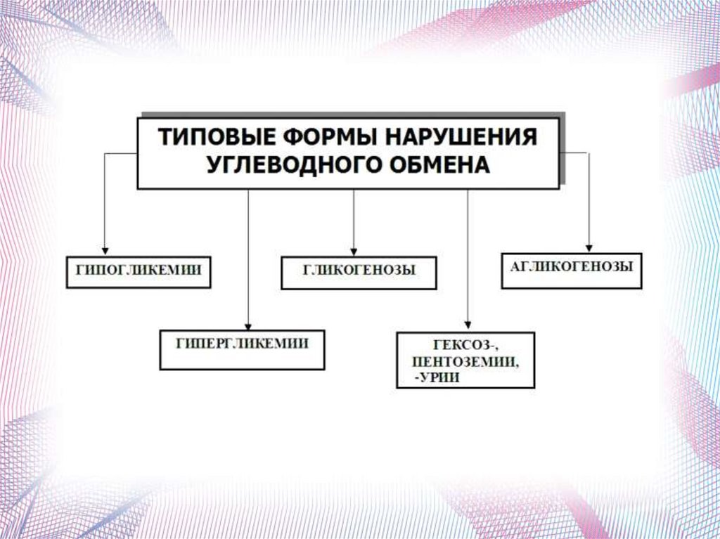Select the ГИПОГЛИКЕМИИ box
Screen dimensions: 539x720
(x=139, y=271)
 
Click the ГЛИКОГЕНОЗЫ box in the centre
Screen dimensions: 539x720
(x=359, y=273)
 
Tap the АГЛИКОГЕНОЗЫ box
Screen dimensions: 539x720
(x=571, y=270)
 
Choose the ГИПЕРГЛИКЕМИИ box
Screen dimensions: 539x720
(x=242, y=349)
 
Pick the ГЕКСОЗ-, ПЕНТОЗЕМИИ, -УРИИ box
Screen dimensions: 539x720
(x=465, y=361)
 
